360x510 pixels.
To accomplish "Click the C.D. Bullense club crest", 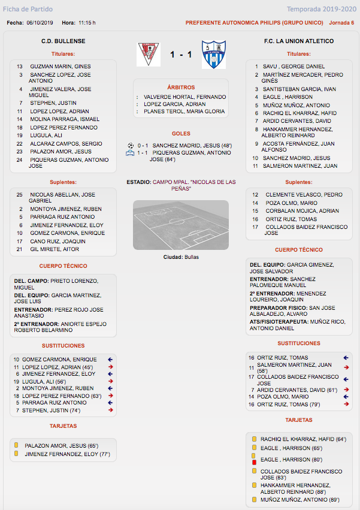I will click(x=149, y=54).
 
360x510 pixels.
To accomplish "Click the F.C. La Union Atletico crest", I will click(x=213, y=55).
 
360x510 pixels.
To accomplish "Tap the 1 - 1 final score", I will click(x=180, y=55).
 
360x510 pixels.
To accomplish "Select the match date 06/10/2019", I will click(x=40, y=23).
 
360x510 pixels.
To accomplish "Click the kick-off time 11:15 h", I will click(x=87, y=23).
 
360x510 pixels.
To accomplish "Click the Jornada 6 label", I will click(x=341, y=23).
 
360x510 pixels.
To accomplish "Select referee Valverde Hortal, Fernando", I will click(x=184, y=96).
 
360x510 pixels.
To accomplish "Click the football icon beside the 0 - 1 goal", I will click(x=131, y=145).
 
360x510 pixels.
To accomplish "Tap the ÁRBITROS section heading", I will click(x=180, y=87).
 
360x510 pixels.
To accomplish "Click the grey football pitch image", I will click(x=180, y=225).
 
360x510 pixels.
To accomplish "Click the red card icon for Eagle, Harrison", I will click(x=254, y=463).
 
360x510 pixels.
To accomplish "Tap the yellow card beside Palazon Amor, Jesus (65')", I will click(x=16, y=446).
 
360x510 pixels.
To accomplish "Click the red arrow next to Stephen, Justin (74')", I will click(x=111, y=411).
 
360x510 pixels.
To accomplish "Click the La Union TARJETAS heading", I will click(x=299, y=420).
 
